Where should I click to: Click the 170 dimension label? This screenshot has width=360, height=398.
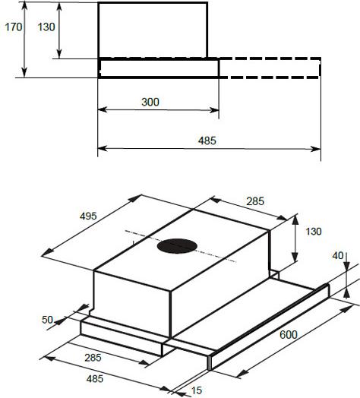(x=14, y=27)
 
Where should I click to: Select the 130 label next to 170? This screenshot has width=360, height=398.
(x=46, y=27)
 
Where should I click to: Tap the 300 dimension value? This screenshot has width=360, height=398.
(x=150, y=102)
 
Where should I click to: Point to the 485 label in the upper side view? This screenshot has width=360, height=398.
(x=207, y=141)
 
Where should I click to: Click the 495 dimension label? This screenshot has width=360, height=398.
(x=88, y=216)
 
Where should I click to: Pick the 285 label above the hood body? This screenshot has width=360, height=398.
(x=255, y=201)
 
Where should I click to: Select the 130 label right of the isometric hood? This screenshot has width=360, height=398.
(x=313, y=232)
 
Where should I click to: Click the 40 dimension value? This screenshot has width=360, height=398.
(x=338, y=256)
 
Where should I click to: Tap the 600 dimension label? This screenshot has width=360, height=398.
(x=289, y=335)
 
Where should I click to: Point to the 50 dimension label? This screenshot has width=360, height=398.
(x=48, y=320)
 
